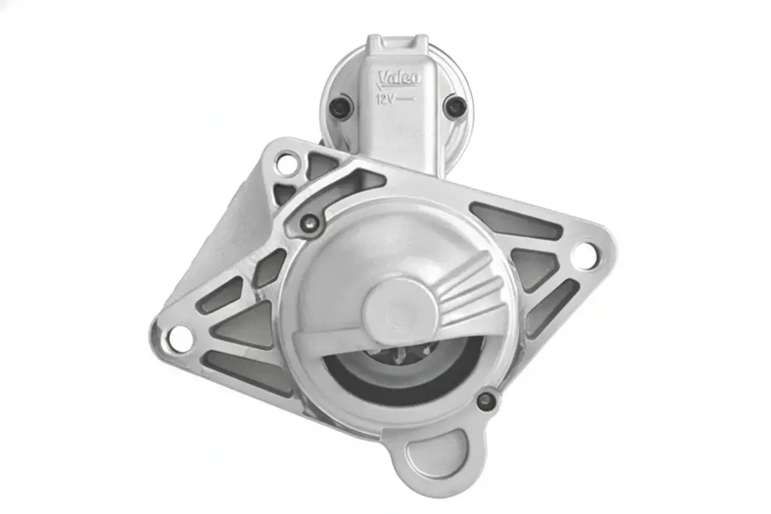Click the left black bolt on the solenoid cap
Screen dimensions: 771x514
pyautogui.click(x=341, y=106)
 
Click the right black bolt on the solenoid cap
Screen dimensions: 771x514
pyautogui.click(x=455, y=106)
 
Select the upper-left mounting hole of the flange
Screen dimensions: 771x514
pyautogui.click(x=287, y=164)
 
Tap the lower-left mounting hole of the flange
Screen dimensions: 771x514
pyautogui.click(x=180, y=339)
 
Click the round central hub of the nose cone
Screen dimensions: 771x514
pyautogui.click(x=401, y=311)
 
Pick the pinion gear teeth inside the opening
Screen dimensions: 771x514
pyautogui.click(x=410, y=353)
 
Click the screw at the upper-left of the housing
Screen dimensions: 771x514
pyautogui.click(x=310, y=223)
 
